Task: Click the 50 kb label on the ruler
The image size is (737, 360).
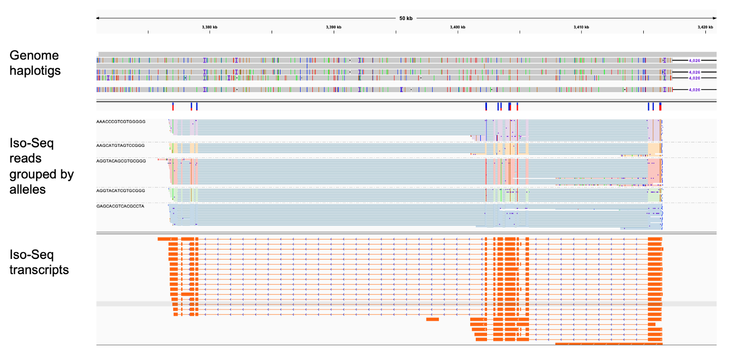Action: tap(406, 18)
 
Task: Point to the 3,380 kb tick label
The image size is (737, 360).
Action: tap(210, 27)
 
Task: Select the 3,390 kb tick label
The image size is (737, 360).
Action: tap(334, 27)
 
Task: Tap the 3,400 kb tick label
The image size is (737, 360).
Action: tap(457, 27)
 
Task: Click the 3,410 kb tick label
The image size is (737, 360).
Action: tap(581, 27)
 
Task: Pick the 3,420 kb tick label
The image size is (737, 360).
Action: tap(705, 27)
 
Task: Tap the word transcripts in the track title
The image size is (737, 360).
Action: tap(39, 269)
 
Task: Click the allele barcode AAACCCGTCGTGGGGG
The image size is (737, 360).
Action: tap(121, 122)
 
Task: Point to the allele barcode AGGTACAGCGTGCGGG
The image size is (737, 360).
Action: tap(121, 160)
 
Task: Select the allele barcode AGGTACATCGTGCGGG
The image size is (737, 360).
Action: tap(121, 191)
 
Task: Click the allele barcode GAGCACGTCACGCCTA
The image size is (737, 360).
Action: tap(120, 206)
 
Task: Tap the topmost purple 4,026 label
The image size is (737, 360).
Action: tap(694, 61)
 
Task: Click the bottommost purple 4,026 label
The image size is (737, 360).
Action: tap(694, 90)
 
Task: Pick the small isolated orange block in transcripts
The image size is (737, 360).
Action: tap(432, 319)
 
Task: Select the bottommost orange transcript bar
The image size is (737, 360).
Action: tap(609, 344)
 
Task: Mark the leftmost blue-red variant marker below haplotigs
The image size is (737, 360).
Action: tap(173, 107)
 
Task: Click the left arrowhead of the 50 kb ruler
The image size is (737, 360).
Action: tap(98, 18)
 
